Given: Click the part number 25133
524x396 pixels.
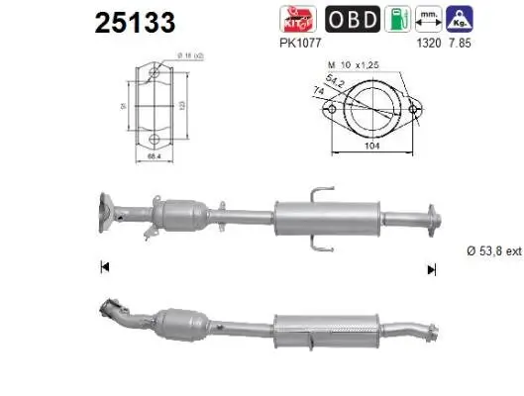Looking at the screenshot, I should pyautogui.click(x=135, y=21).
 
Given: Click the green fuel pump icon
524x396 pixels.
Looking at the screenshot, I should pyautogui.click(x=397, y=18).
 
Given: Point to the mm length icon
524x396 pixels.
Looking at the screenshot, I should pyautogui.click(x=429, y=18).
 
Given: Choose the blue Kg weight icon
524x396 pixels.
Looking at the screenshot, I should pyautogui.click(x=460, y=18).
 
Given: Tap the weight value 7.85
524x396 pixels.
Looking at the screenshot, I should pyautogui.click(x=460, y=44).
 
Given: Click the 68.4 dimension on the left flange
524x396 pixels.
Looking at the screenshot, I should pyautogui.click(x=154, y=155).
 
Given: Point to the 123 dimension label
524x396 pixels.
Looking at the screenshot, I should pyautogui.click(x=180, y=102).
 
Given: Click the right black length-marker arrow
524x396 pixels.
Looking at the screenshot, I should pyautogui.click(x=431, y=267).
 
